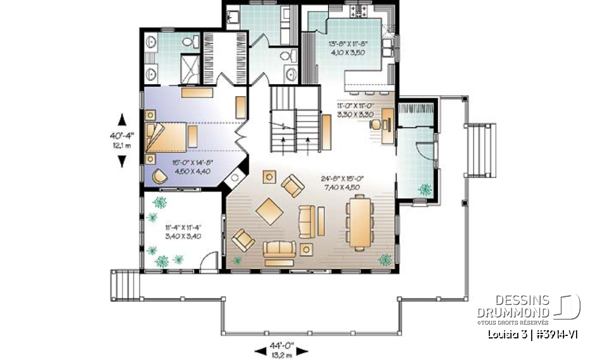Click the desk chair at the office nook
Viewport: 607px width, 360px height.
pos(376,124)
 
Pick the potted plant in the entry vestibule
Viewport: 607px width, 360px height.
pos(424,188)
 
